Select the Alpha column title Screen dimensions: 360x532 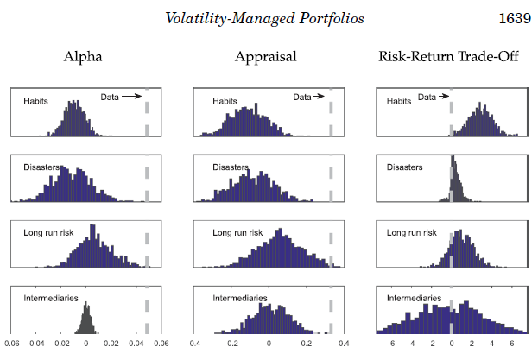[x=83, y=57]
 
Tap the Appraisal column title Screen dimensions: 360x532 [x=266, y=57]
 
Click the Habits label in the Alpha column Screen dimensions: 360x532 [x=35, y=101]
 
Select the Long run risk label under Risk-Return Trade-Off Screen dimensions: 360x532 [x=409, y=233]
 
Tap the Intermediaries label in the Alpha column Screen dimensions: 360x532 [x=51, y=299]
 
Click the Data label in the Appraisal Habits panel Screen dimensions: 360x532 [x=302, y=98]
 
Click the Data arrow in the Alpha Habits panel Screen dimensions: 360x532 [x=131, y=98]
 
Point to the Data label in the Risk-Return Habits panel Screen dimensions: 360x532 [x=427, y=98]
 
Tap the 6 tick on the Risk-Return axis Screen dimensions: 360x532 [x=511, y=342]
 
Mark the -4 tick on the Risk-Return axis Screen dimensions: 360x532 [x=411, y=342]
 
